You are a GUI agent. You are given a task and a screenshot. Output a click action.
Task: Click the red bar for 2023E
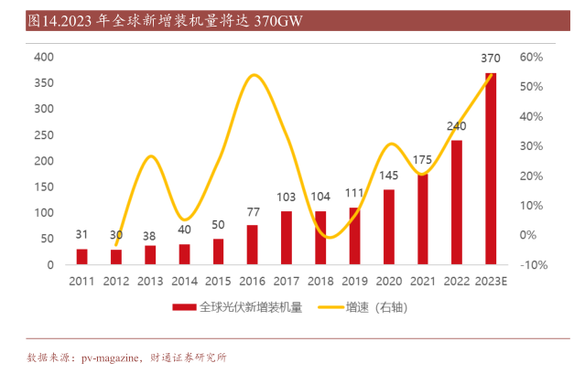(491, 168)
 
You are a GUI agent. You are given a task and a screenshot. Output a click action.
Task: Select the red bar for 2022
(457, 202)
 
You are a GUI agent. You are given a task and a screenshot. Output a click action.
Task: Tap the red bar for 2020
(389, 227)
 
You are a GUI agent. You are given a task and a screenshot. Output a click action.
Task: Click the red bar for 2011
(82, 256)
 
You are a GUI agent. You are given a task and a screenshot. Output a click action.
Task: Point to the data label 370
(491, 59)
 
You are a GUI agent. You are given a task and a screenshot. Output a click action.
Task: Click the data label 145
(388, 176)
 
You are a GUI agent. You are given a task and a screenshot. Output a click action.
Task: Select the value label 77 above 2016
(253, 212)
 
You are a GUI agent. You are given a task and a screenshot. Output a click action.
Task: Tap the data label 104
(320, 197)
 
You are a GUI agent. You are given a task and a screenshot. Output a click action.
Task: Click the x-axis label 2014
(184, 282)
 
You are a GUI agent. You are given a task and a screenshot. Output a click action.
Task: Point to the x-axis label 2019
(354, 282)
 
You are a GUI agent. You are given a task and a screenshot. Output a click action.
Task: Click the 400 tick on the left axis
(44, 57)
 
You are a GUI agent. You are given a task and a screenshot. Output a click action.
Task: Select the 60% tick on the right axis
(532, 57)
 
